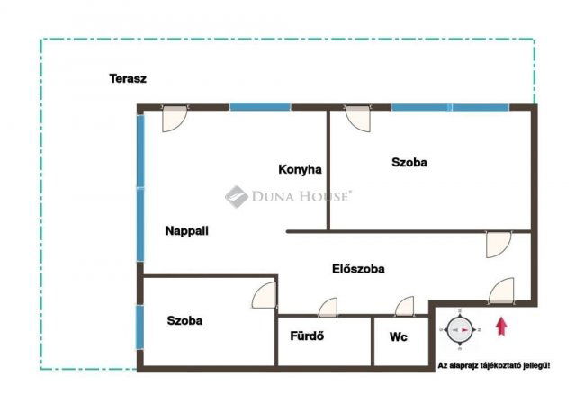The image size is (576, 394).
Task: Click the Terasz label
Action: [x=128, y=78]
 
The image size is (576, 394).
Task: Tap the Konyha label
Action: [x=300, y=169]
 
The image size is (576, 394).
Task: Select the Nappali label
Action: [x=186, y=231]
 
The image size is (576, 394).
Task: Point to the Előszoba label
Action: [x=358, y=269]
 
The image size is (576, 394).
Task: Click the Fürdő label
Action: [x=307, y=336]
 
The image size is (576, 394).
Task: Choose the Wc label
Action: [x=398, y=336]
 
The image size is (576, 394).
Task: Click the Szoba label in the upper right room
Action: [x=409, y=162]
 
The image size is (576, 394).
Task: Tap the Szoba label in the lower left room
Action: [x=184, y=320]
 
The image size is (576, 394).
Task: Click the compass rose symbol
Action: [x=460, y=330]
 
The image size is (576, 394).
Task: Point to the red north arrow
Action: [x=501, y=327]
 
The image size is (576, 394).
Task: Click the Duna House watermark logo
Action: [x=288, y=196]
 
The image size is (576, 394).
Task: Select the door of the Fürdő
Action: [x=328, y=308]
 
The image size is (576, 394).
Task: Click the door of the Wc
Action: [x=404, y=307]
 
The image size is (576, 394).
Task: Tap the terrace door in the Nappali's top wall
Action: [x=175, y=119]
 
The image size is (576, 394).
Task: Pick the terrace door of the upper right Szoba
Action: [x=358, y=119]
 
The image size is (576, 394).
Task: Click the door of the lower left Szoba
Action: [x=264, y=295]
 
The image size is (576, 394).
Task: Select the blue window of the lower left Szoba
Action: [x=139, y=327]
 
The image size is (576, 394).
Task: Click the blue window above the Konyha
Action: [x=260, y=107]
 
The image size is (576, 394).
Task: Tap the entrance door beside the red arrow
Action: [x=501, y=291]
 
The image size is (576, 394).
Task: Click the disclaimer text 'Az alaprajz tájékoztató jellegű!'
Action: [x=494, y=366]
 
